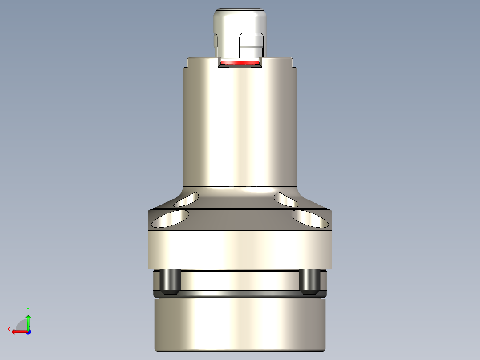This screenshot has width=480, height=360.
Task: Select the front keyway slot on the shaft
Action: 251,45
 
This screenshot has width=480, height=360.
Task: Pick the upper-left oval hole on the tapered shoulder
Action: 187,200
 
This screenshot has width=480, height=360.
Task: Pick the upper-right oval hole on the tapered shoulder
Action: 287,200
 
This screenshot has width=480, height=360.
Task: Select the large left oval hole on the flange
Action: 170,219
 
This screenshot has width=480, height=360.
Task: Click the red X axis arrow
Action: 18,331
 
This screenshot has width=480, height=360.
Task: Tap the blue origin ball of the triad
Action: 28,331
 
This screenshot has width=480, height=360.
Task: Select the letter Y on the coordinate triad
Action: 28,309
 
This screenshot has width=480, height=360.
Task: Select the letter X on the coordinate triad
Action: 8,329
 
